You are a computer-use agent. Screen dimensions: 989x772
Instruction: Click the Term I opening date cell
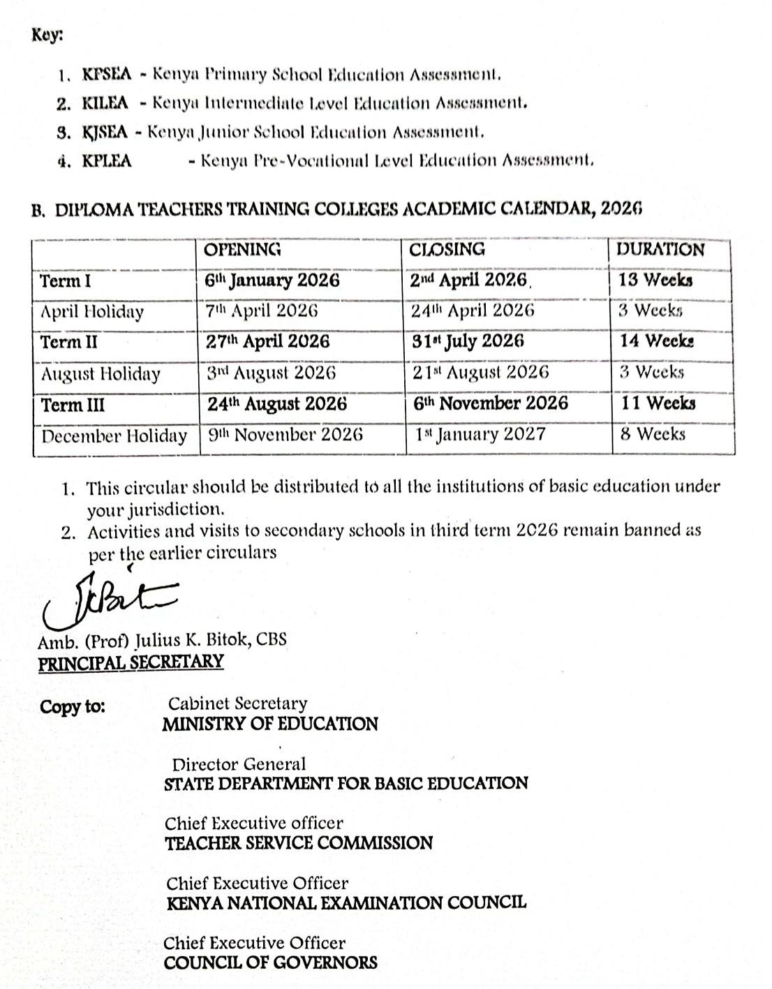click(272, 281)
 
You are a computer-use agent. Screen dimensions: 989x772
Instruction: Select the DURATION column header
click(660, 250)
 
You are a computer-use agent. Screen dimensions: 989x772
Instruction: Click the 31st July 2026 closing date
click(467, 341)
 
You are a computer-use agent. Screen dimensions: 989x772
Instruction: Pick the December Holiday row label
click(114, 437)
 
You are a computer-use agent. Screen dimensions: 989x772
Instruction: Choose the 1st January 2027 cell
click(480, 435)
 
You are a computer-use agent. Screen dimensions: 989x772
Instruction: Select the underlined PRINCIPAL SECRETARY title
click(131, 662)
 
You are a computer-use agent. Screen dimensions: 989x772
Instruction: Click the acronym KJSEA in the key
click(105, 132)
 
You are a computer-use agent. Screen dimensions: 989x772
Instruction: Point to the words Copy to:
click(73, 706)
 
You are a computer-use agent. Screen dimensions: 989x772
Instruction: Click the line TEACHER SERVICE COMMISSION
click(299, 843)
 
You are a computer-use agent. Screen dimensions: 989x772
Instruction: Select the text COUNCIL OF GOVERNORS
click(271, 963)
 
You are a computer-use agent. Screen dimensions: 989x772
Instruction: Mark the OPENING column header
click(242, 250)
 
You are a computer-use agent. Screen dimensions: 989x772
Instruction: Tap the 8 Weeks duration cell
click(652, 434)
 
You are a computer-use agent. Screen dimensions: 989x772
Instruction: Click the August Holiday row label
click(101, 374)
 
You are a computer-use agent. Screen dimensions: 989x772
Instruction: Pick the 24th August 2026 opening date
click(276, 404)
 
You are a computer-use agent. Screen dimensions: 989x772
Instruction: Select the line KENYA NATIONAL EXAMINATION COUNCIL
click(346, 903)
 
